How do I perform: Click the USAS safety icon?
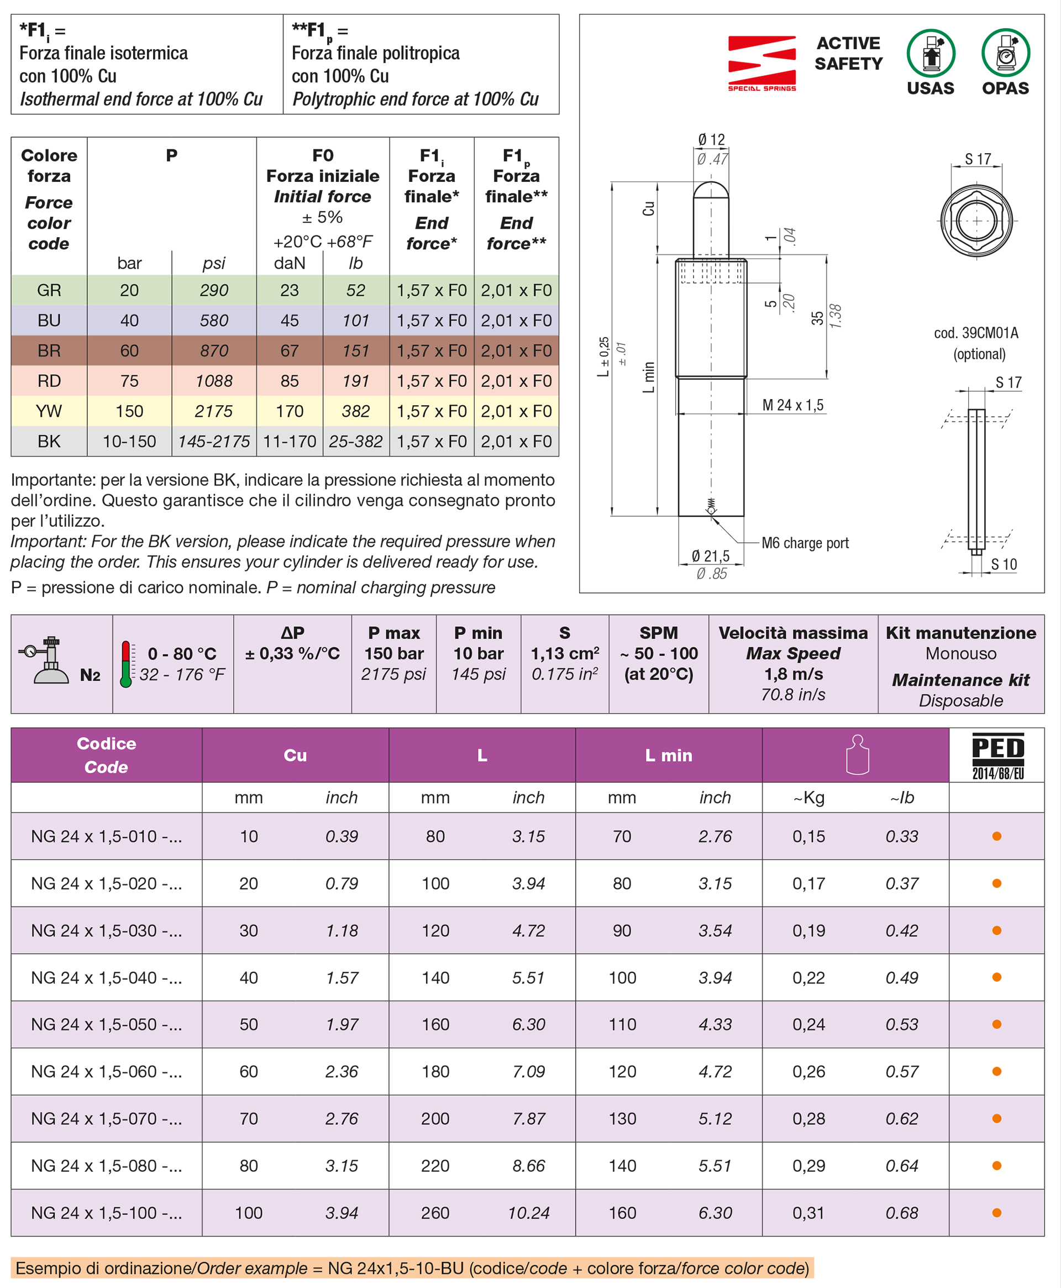tap(930, 54)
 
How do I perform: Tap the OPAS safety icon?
tap(1005, 54)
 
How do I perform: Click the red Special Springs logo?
tap(761, 62)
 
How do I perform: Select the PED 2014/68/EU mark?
tap(997, 756)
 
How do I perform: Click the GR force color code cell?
tap(49, 290)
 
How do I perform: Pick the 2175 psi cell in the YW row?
tap(213, 411)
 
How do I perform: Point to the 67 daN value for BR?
tap(289, 351)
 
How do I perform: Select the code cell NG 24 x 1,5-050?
tap(106, 1024)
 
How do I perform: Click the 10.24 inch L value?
tap(528, 1213)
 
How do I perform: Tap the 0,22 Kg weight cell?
tap(808, 977)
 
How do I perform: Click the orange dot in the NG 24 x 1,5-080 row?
tap(997, 1166)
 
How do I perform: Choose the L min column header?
tap(669, 756)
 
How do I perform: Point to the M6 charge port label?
tap(805, 543)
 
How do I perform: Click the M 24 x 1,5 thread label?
tap(792, 405)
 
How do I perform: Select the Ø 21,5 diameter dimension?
tap(710, 556)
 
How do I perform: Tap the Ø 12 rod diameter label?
tap(711, 140)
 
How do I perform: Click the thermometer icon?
tap(127, 664)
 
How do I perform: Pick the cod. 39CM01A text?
tap(976, 333)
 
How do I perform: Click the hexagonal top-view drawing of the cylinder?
tap(976, 221)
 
